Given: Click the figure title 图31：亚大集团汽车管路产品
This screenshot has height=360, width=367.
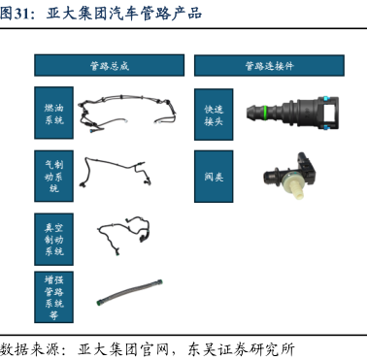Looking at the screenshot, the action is click(x=101, y=14).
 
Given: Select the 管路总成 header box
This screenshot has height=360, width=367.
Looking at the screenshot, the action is click(x=110, y=65).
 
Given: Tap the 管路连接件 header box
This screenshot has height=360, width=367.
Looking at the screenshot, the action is click(x=269, y=66).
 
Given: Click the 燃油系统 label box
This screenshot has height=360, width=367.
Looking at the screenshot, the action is click(x=53, y=113).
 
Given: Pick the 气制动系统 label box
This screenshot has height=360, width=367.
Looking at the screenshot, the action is click(x=53, y=176).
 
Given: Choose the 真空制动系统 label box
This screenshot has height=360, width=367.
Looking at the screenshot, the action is click(x=53, y=240).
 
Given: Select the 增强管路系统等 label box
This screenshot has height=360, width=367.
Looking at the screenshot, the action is click(x=53, y=297).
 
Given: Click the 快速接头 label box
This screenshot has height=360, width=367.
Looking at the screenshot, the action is click(x=214, y=115).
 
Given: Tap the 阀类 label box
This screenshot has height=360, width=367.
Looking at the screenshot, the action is click(x=214, y=177).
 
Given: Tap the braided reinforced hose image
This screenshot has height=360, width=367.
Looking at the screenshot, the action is click(x=129, y=292).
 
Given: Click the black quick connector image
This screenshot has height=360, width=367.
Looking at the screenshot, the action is click(x=292, y=113).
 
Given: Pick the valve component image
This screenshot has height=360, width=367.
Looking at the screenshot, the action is click(x=289, y=176).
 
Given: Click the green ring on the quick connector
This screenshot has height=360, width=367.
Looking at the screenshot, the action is click(x=265, y=112).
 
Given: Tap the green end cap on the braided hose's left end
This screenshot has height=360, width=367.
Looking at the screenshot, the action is click(x=98, y=303).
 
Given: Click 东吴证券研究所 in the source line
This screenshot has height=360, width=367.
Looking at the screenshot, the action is click(x=241, y=350).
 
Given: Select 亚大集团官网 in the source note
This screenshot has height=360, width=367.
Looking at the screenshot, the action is click(x=123, y=350).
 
